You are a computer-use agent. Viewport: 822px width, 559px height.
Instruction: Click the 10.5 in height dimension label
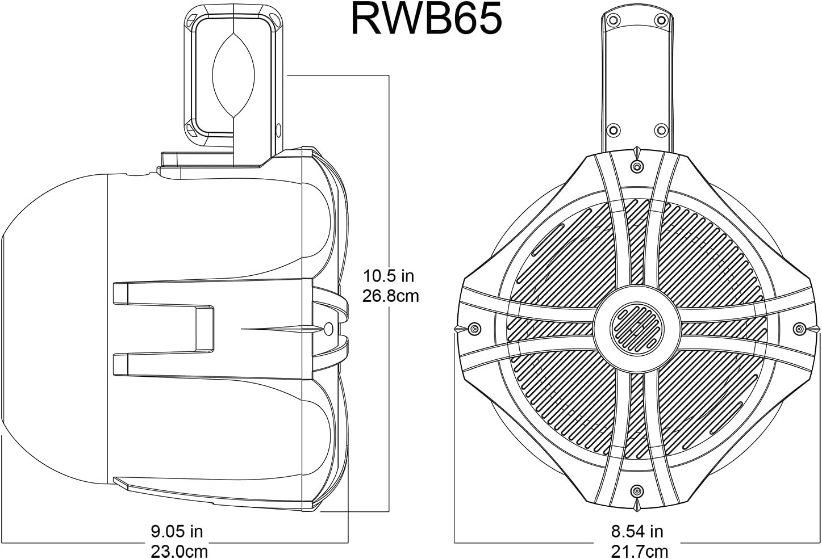tap(389, 276)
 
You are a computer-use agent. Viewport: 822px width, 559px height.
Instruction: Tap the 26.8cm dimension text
tap(391, 296)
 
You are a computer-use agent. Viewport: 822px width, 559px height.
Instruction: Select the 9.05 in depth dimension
tap(177, 532)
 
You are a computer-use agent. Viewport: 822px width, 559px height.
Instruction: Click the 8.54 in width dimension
tap(637, 532)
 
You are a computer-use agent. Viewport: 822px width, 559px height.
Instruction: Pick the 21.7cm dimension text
tap(639, 550)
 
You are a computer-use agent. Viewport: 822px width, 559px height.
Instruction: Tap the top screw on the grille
tap(637, 166)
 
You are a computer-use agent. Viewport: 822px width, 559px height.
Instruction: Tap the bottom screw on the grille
tap(637, 490)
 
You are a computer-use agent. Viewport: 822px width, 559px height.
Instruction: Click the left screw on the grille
tap(474, 329)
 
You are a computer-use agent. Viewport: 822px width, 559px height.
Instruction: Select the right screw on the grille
tap(799, 329)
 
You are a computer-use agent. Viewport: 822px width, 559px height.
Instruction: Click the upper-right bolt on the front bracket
tap(661, 20)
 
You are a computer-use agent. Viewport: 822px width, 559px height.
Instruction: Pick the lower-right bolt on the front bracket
tap(661, 129)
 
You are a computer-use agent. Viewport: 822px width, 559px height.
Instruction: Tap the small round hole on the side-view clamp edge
tap(278, 130)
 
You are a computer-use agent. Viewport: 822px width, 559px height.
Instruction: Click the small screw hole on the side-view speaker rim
tap(328, 329)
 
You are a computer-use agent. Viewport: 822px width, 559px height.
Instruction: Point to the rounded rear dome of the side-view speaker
tap(51, 329)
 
